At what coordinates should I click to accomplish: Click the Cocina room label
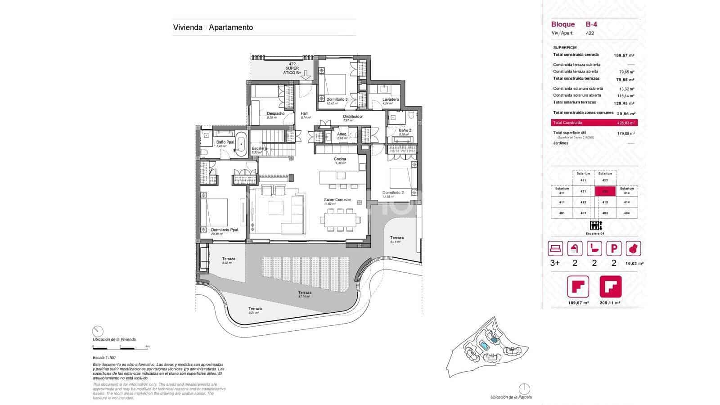coord(340,159)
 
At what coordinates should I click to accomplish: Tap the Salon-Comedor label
coord(337,200)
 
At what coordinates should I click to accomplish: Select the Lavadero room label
coord(391,99)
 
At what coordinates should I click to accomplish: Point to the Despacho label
coord(275,113)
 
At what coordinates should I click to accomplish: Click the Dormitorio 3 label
coord(337,99)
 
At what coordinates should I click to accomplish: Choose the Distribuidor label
coord(353,117)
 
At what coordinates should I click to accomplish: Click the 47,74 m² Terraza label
coord(305,292)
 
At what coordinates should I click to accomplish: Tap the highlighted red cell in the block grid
coord(605,191)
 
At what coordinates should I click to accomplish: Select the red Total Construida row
coord(594,123)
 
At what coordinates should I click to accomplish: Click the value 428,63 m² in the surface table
coord(625,123)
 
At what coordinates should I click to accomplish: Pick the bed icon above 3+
coord(555,248)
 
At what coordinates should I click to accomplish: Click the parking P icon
coord(614,248)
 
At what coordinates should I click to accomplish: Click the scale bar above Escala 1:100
coord(121,348)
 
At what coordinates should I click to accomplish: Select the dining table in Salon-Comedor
coord(341,220)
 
